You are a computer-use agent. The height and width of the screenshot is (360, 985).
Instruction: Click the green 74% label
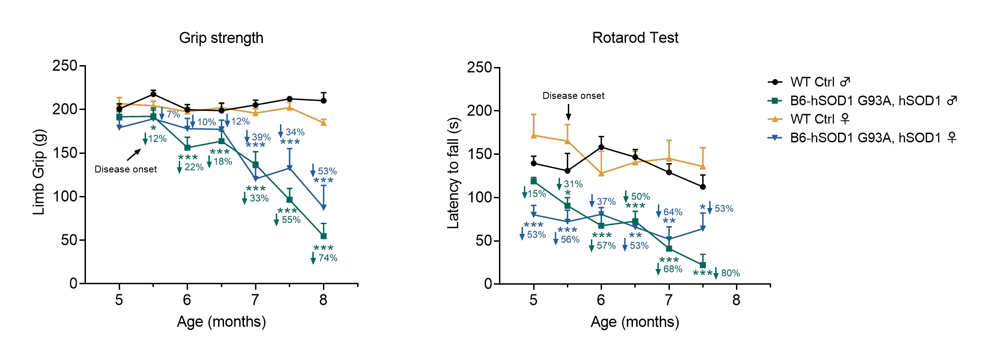pos(328,258)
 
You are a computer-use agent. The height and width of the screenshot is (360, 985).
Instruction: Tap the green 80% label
pos(730,273)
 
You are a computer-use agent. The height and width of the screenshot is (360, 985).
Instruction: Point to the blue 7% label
pos(173,114)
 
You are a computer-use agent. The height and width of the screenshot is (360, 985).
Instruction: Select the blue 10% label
pos(207,122)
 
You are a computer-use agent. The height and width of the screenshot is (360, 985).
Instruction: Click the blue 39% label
pos(261,137)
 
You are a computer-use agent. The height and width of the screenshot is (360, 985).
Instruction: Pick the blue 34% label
pos(295,132)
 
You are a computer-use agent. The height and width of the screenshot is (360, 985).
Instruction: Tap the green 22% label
pos(194,167)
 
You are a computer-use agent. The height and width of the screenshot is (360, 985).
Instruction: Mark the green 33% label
pos(259,198)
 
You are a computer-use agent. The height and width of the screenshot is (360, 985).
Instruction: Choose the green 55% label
pos(291,220)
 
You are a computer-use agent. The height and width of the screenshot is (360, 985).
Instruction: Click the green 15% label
pos(537,194)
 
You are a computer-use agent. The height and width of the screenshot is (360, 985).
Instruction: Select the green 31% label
pos(573,184)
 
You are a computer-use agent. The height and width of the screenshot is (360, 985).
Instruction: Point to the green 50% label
pos(640,196)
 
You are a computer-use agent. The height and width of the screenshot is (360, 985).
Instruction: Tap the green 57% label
pos(606,246)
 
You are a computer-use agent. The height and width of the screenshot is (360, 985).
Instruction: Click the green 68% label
pos(673,269)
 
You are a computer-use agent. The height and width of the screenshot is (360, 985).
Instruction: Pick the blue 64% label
pos(673,212)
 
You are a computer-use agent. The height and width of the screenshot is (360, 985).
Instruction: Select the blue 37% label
pos(606,202)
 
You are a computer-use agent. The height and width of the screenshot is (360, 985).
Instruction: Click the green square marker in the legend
pos(775,101)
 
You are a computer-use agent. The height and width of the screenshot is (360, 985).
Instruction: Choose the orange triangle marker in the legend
pos(775,119)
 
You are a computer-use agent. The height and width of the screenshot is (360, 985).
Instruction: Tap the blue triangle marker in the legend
pos(775,138)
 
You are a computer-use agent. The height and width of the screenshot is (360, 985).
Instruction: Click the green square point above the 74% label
pos(324,236)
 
